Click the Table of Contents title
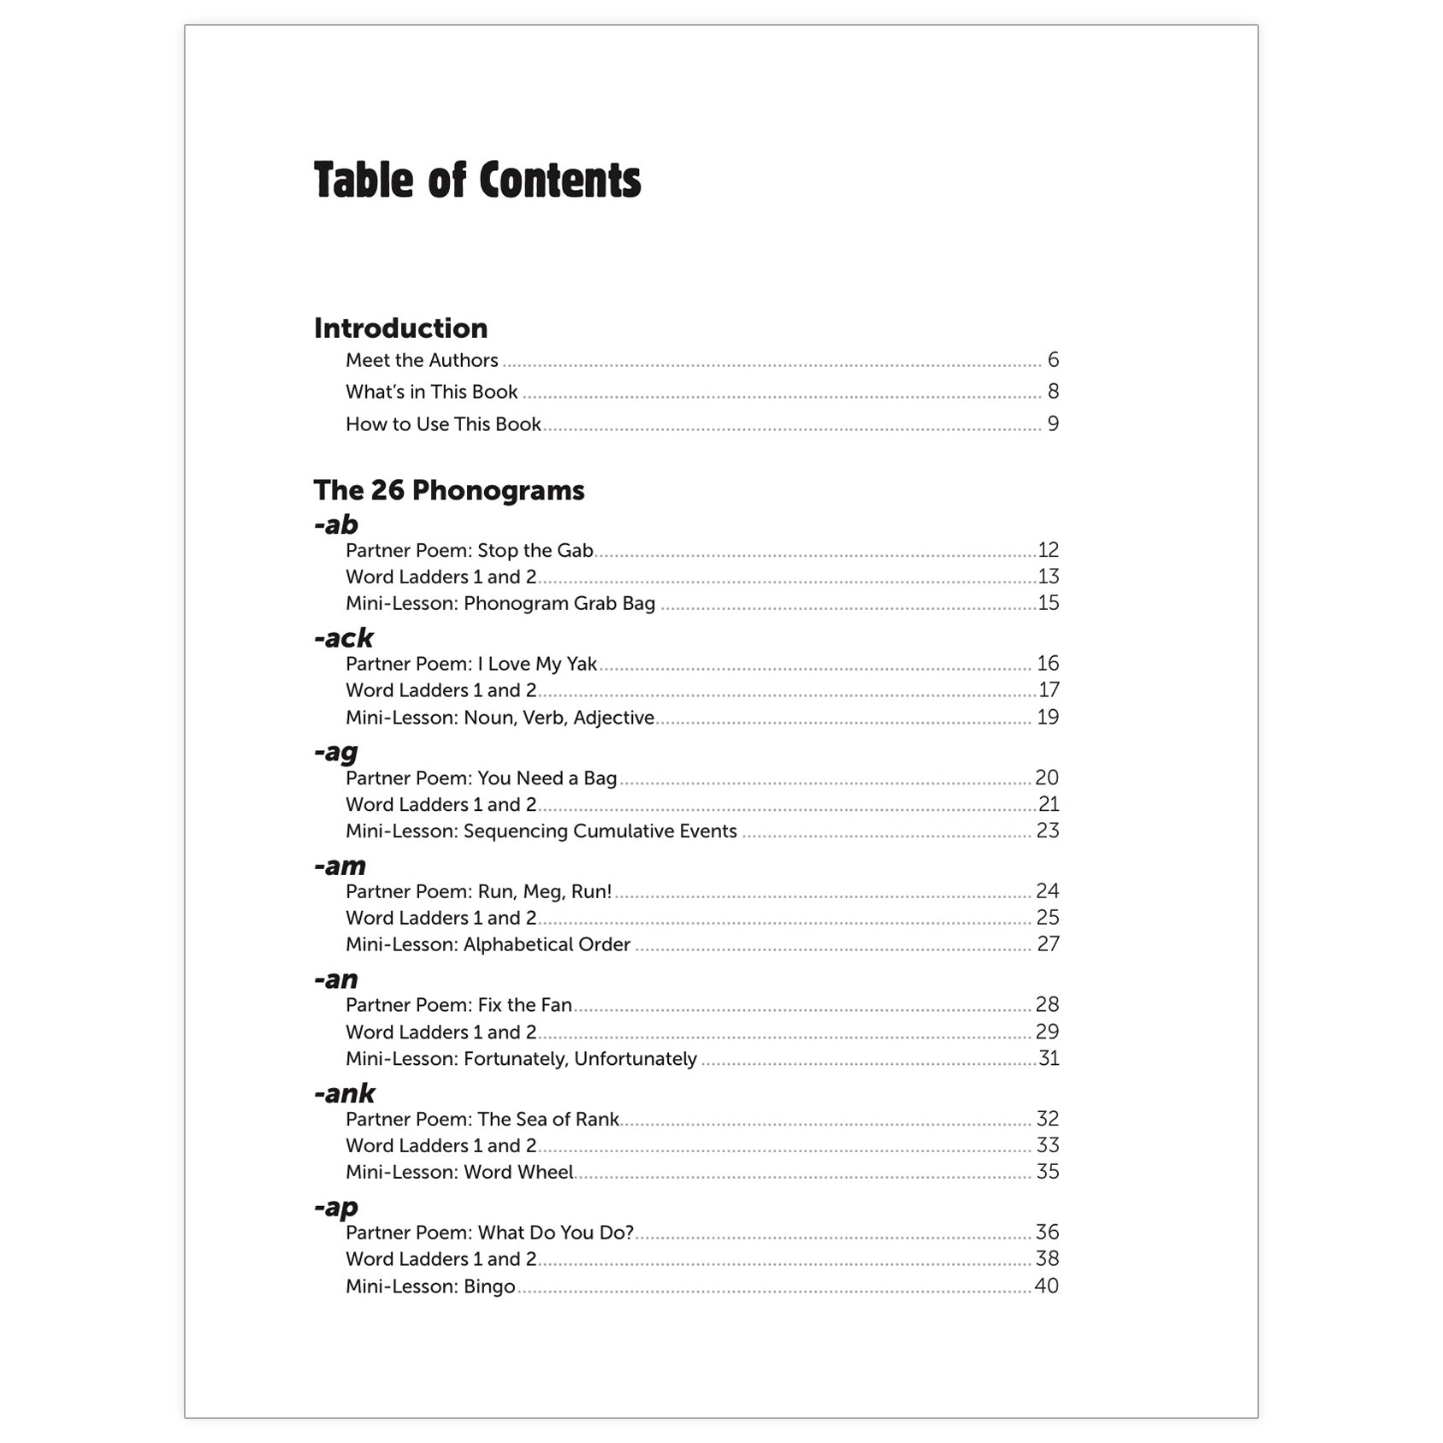pos(476,180)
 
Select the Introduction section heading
pos(400,328)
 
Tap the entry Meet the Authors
pos(422,360)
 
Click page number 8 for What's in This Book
pos(1053,392)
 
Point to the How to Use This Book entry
pos(443,424)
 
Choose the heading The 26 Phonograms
pos(449,490)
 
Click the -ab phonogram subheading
pos(336,524)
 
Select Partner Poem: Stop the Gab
pos(469,550)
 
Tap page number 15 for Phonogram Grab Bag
pos(1048,603)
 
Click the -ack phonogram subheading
pos(344,638)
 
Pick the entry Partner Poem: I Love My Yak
pos(471,664)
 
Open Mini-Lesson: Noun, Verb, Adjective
pos(500,718)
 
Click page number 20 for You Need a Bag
pos(1047,778)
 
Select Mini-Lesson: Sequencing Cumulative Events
pos(541,831)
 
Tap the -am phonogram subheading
pos(340,866)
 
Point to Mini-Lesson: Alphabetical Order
pos(488,944)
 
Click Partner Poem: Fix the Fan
pos(458,1005)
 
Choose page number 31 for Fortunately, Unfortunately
pos(1049,1059)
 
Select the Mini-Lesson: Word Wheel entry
pos(459,1172)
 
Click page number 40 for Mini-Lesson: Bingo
pos(1046,1286)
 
